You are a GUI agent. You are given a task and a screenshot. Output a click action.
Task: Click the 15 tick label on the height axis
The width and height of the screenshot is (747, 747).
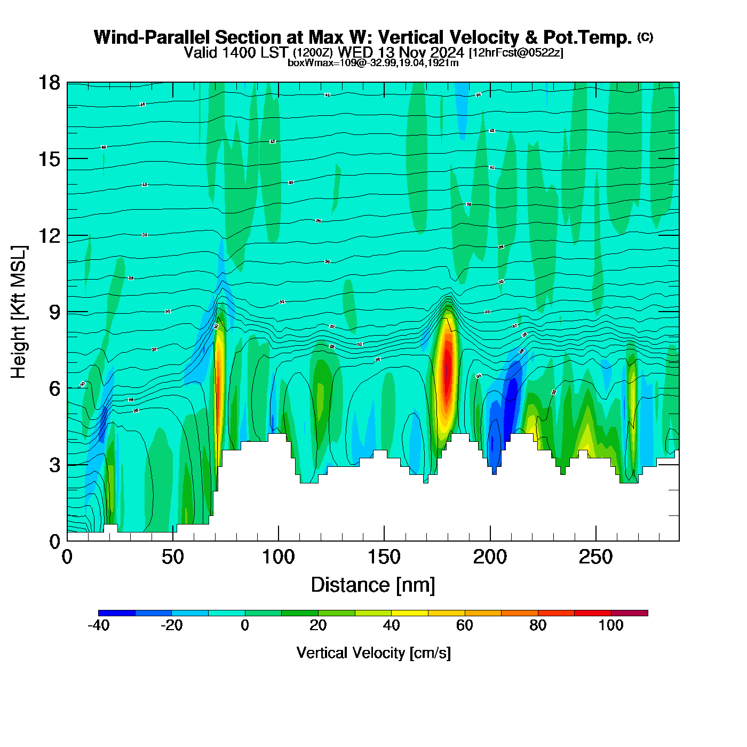(49, 159)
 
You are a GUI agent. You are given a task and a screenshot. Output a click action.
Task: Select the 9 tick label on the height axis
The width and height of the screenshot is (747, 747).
(54, 312)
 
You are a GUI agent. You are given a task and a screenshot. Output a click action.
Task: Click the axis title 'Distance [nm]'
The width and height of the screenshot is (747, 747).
(373, 585)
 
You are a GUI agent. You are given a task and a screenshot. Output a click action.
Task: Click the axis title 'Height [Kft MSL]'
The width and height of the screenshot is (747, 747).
(19, 312)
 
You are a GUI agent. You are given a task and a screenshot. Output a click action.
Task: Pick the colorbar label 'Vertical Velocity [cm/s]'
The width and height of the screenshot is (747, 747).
(373, 653)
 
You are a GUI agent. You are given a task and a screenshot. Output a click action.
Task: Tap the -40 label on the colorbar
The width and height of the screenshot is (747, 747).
(98, 625)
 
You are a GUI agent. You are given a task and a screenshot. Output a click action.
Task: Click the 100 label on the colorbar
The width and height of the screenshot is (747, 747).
(610, 625)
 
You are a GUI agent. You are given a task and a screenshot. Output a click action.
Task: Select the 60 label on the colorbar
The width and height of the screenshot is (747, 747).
(464, 625)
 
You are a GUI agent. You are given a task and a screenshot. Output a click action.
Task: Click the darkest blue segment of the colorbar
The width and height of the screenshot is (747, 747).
(117, 613)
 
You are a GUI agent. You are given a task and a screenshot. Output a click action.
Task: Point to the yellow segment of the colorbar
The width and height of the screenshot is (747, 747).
(409, 613)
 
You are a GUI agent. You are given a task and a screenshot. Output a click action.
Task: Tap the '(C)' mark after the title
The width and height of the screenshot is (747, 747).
(645, 37)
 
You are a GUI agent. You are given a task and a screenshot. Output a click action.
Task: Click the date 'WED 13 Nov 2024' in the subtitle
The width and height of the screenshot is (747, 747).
(401, 52)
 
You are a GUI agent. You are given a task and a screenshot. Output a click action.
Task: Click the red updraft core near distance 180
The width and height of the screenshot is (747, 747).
(447, 368)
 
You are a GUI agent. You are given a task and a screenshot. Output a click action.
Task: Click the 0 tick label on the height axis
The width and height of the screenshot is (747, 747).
(54, 542)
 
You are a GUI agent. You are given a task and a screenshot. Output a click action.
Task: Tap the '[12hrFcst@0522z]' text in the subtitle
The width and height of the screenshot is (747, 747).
(515, 53)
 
